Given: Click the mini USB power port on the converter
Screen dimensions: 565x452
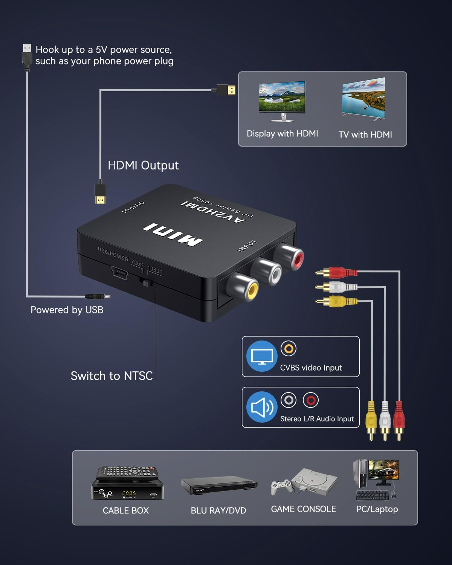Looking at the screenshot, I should click(x=119, y=272).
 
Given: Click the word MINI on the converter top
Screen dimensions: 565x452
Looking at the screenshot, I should click(x=173, y=235).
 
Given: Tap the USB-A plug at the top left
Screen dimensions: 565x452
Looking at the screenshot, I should click(x=27, y=56).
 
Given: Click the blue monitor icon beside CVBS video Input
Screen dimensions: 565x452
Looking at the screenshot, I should click(x=262, y=356).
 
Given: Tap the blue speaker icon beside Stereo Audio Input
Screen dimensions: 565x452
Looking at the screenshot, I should click(x=262, y=407).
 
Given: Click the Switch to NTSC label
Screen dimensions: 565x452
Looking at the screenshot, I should click(x=111, y=376).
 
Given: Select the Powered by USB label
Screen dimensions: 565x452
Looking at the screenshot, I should click(x=67, y=310).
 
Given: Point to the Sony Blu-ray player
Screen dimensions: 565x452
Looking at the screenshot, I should click(x=218, y=486).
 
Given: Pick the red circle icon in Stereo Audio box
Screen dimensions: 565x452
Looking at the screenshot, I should click(x=311, y=400).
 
